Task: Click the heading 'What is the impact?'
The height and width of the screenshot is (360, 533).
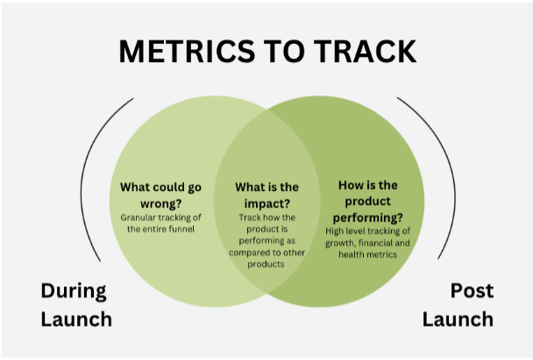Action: point(267,194)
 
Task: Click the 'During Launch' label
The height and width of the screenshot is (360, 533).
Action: point(75,304)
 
